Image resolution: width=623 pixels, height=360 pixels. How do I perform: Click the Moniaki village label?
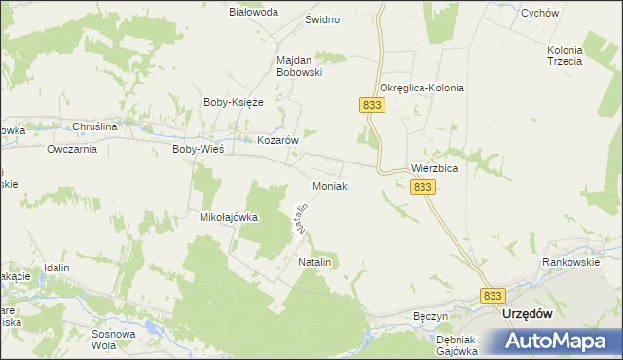tap(330, 185)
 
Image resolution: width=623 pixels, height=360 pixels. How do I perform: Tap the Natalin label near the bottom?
tap(315, 264)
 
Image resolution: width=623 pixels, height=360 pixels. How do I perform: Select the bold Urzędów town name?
tap(527, 314)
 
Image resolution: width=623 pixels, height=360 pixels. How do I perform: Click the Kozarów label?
tap(276, 140)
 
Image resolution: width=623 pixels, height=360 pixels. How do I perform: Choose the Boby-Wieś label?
tap(198, 150)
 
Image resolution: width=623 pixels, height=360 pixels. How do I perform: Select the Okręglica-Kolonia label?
tap(421, 88)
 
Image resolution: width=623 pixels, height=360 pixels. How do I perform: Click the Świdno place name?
tap(322, 19)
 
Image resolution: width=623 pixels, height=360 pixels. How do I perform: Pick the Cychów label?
tap(567, 14)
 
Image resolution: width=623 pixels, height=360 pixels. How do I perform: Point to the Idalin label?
tap(58, 267)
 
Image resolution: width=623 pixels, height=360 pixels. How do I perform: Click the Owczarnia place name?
tap(72, 150)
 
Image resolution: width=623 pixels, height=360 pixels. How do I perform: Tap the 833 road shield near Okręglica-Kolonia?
tap(370, 105)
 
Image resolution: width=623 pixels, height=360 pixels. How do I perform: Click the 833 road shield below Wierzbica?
tap(421, 186)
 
